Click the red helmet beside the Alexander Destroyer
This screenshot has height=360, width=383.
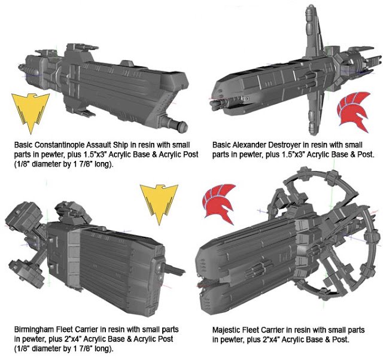(x=353, y=111)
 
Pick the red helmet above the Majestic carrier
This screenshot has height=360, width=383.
(x=218, y=203)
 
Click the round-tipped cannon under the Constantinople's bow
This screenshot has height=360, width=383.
(x=174, y=123)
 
